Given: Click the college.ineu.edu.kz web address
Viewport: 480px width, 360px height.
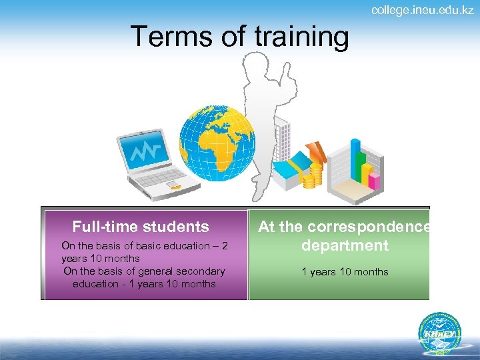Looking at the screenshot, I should (422, 10).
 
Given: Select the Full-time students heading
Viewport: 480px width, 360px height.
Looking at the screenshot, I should (141, 227).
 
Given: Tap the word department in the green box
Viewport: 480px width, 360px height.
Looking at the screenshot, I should (345, 245).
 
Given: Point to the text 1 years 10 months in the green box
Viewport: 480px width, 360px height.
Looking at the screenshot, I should (345, 271).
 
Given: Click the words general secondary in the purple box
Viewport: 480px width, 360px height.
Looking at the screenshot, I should (187, 271).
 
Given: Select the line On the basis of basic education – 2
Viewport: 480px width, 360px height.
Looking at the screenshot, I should (145, 245).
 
